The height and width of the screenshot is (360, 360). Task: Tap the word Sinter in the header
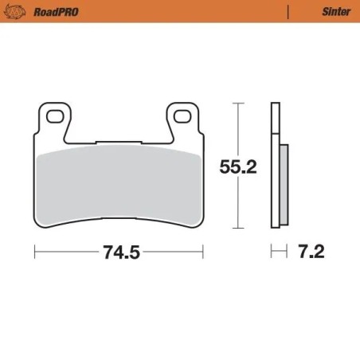point(331,11)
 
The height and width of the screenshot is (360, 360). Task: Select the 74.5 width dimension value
point(120,253)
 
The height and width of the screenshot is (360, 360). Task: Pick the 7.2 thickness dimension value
point(311,252)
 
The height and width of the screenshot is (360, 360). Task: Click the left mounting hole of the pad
point(56,117)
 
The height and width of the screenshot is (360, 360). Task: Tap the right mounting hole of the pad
point(184,117)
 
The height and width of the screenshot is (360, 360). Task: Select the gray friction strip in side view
point(284,183)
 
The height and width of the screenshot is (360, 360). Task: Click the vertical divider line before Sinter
point(288,11)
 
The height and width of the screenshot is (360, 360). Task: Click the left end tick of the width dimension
point(36,252)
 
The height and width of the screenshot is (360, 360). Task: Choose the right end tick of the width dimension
point(203,252)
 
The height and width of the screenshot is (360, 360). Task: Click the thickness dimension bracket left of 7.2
point(278,252)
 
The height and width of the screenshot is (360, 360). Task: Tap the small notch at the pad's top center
point(119,143)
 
